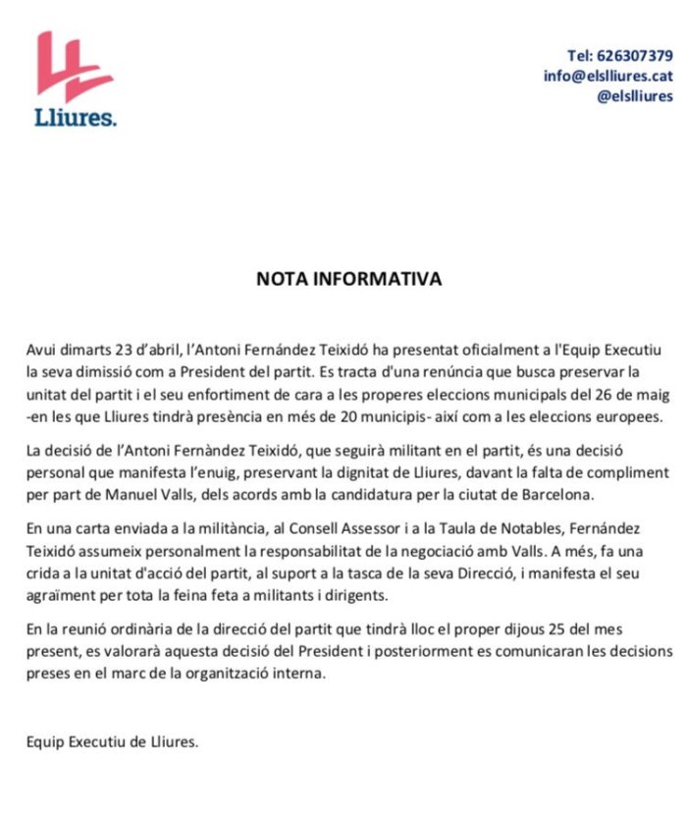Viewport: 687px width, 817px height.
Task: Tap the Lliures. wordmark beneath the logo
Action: tap(75, 118)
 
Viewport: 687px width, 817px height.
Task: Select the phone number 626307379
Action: tap(634, 55)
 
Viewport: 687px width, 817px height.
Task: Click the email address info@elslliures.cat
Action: tap(608, 76)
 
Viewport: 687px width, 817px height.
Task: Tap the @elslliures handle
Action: tap(636, 96)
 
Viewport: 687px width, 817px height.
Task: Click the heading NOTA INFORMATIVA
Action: tap(348, 279)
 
